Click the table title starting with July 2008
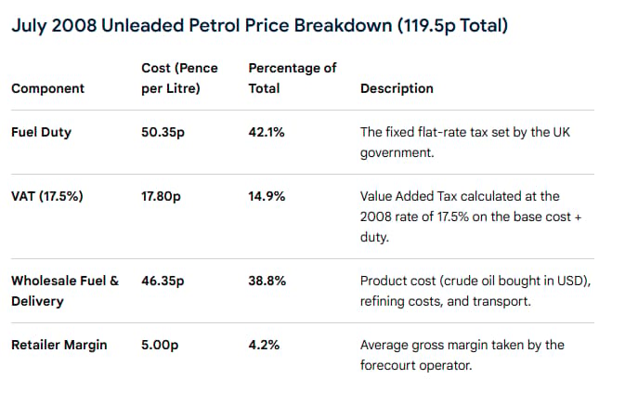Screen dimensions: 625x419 tap(259, 26)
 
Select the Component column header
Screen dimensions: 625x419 tap(48, 88)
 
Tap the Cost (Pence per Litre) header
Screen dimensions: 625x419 tap(179, 78)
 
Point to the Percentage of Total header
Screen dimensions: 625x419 tap(293, 78)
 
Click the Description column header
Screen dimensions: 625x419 tap(397, 88)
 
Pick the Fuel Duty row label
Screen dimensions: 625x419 tap(41, 132)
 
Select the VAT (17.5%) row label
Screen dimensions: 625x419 tap(47, 196)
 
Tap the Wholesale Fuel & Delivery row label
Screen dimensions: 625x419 tap(65, 291)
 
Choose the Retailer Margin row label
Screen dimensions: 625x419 tap(59, 345)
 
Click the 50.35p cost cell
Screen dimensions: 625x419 tap(163, 132)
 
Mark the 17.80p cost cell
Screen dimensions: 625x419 tap(161, 197)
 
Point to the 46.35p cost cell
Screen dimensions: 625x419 tap(163, 282)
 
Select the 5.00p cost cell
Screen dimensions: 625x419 tap(160, 345)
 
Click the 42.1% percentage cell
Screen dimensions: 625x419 tap(267, 132)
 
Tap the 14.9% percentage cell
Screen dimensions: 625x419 tap(267, 197)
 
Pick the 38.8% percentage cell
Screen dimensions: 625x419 tap(267, 282)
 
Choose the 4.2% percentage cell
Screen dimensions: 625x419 tap(264, 345)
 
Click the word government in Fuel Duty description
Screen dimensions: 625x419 tap(397, 153)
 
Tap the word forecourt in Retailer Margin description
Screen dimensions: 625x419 tap(385, 365)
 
